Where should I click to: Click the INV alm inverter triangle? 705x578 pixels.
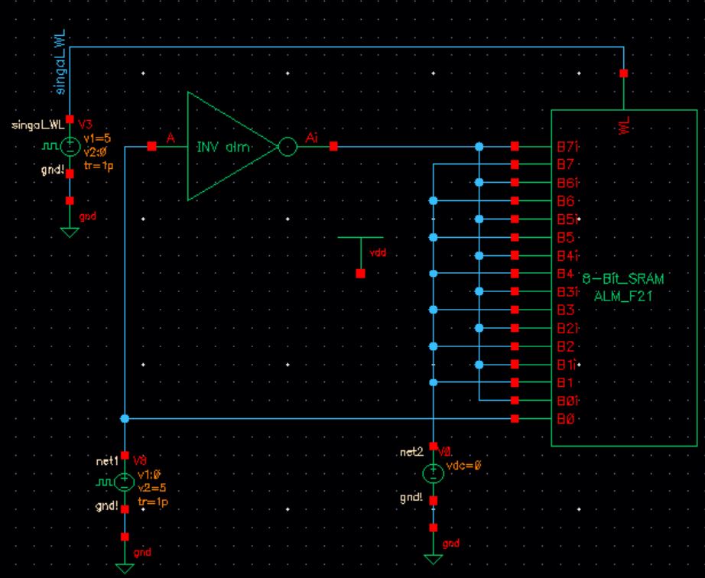(x=226, y=146)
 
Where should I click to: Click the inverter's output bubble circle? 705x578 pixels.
(x=287, y=146)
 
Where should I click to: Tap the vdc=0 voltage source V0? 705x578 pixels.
(x=434, y=473)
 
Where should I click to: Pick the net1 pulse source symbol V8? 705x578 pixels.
(x=125, y=482)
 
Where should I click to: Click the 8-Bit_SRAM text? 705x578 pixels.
(x=623, y=280)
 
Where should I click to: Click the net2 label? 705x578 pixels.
(x=411, y=453)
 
